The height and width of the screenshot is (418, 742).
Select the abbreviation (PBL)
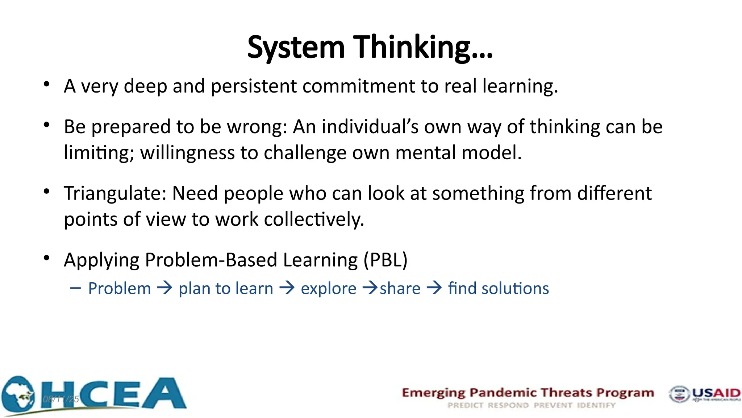tap(385, 260)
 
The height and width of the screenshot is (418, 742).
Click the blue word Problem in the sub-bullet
tap(120, 289)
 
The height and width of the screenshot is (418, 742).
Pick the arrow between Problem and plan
tap(165, 288)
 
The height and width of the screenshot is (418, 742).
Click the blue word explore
tap(328, 289)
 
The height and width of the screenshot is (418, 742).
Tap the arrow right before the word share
tap(370, 288)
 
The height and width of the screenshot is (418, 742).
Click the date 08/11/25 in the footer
tap(61, 399)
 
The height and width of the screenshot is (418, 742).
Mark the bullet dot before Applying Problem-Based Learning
tap(46, 258)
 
